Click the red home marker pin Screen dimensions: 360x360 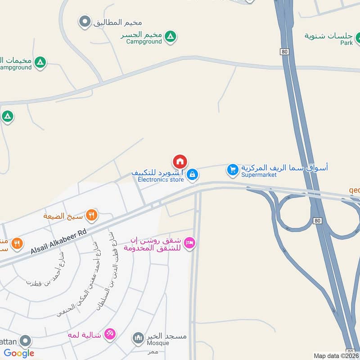[180, 162]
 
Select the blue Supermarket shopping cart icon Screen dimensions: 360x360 [232, 170]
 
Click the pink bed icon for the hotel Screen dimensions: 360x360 [190, 243]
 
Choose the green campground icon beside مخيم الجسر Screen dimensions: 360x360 [170, 36]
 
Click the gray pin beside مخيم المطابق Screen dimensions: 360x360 [85, 21]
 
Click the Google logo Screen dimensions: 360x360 [19, 353]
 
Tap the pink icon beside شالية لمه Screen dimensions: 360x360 [109, 334]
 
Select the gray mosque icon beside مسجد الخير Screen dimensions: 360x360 [138, 337]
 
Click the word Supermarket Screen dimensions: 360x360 [259, 175]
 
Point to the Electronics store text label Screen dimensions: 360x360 [161, 180]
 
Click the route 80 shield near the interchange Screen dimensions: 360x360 [318, 221]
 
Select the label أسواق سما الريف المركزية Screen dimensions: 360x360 [284, 167]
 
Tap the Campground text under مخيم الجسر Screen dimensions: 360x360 [144, 41]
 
